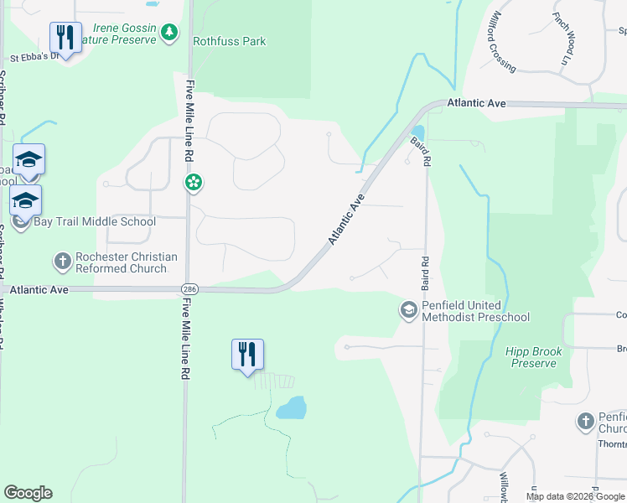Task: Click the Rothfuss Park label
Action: (229, 40)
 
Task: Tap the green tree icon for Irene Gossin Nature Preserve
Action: (170, 33)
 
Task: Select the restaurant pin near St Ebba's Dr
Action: (65, 38)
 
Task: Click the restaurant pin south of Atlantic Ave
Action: (247, 355)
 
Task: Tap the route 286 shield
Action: (188, 288)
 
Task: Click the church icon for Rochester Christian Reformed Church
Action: (62, 262)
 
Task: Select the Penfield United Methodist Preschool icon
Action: (408, 310)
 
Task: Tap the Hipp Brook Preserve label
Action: (533, 357)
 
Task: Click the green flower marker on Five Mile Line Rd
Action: (194, 182)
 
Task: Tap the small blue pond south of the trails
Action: (291, 408)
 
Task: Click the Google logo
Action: (28, 493)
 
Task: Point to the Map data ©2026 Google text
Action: (574, 496)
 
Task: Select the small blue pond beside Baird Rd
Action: (417, 133)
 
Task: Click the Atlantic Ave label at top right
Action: (476, 102)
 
